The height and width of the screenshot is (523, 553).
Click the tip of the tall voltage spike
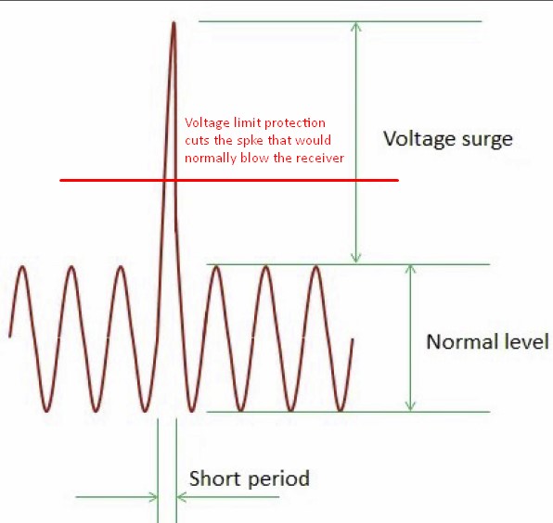coord(174,23)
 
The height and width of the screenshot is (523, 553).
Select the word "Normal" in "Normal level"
coord(455,341)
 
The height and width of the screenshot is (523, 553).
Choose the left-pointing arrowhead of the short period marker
coord(180,497)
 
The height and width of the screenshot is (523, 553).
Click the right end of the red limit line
coord(398,180)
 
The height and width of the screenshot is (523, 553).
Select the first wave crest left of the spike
coord(121,267)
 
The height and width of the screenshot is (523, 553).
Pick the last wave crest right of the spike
coord(316,267)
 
